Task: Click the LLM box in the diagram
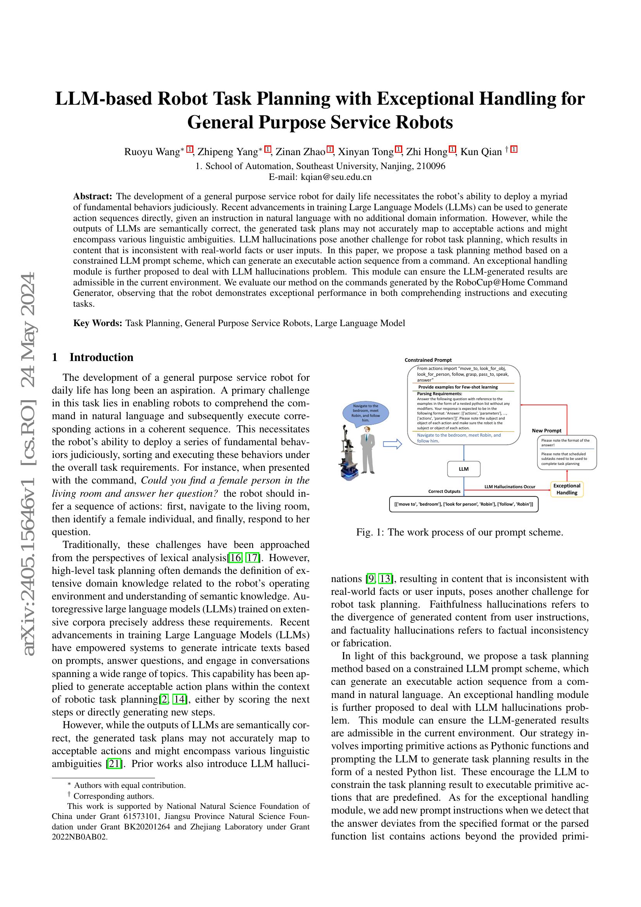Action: pos(464,469)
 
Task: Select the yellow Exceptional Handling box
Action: pos(567,489)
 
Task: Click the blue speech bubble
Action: pos(365,413)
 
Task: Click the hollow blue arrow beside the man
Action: pos(392,444)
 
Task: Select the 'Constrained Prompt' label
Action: pos(428,360)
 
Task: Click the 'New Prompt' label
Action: pos(546,430)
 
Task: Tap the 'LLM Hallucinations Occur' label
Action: pos(510,487)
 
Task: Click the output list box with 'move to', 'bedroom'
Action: pos(464,504)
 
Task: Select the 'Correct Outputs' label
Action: pos(444,491)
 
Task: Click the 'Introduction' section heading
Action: pos(101,357)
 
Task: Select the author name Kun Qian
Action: pos(481,152)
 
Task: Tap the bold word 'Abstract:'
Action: pos(93,196)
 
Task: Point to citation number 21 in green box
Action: pos(114,764)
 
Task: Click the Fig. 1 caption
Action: pos(460,532)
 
